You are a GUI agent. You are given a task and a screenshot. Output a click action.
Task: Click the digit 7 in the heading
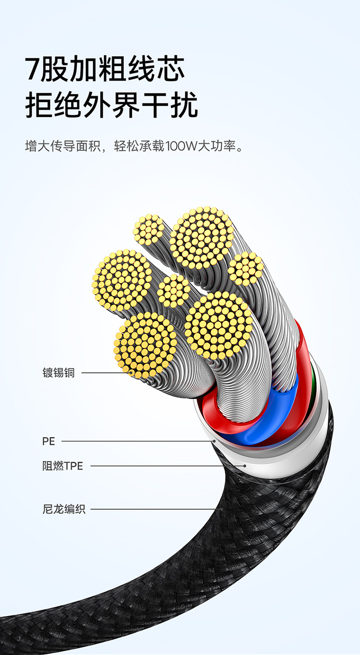click(32, 70)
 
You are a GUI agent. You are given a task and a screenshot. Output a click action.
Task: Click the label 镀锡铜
click(59, 372)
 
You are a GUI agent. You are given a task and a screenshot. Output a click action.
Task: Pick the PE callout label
click(48, 441)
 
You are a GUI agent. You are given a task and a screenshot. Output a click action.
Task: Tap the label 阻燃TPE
click(62, 466)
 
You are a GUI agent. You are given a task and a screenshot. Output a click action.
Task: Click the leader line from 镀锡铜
click(106, 372)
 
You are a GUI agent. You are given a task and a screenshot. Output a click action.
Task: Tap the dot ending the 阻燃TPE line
click(245, 465)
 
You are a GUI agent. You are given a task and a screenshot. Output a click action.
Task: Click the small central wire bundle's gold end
click(174, 291)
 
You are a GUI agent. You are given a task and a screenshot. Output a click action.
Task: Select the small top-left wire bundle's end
click(148, 229)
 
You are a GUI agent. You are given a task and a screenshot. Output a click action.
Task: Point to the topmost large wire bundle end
click(202, 237)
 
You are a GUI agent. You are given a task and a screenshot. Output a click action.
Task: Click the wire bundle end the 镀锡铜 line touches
click(145, 345)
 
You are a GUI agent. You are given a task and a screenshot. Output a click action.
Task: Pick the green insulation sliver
click(313, 384)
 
